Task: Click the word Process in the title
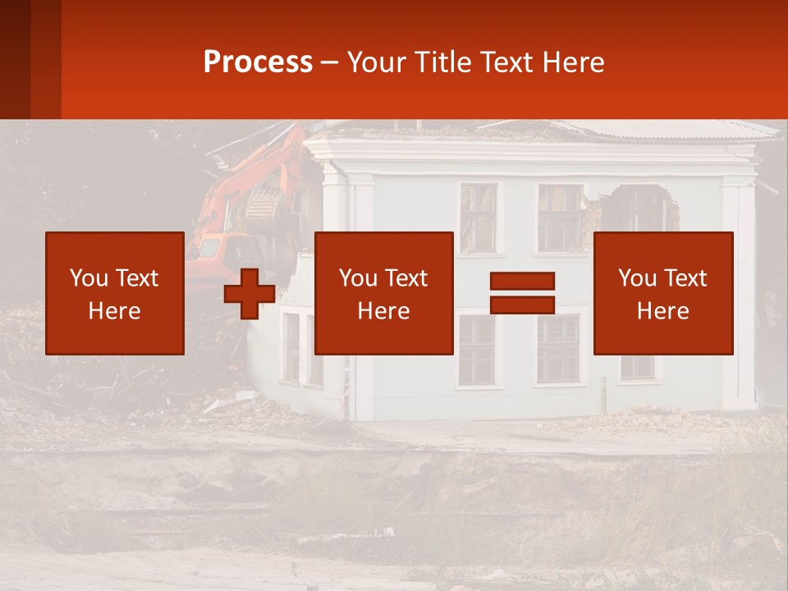click(x=258, y=62)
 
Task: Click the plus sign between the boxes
click(x=250, y=294)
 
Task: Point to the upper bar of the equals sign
click(x=522, y=282)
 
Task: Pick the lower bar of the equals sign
click(x=522, y=305)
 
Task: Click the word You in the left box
click(x=89, y=278)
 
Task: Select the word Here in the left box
click(x=114, y=311)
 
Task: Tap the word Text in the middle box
click(x=407, y=278)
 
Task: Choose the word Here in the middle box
click(x=383, y=311)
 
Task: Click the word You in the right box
click(x=637, y=278)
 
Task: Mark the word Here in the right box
click(x=662, y=311)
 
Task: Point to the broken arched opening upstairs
click(x=635, y=208)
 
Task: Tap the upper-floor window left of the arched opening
click(x=560, y=215)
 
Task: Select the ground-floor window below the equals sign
click(x=558, y=349)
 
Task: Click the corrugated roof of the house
click(x=657, y=129)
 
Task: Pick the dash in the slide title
click(x=330, y=62)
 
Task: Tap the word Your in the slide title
click(x=378, y=62)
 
